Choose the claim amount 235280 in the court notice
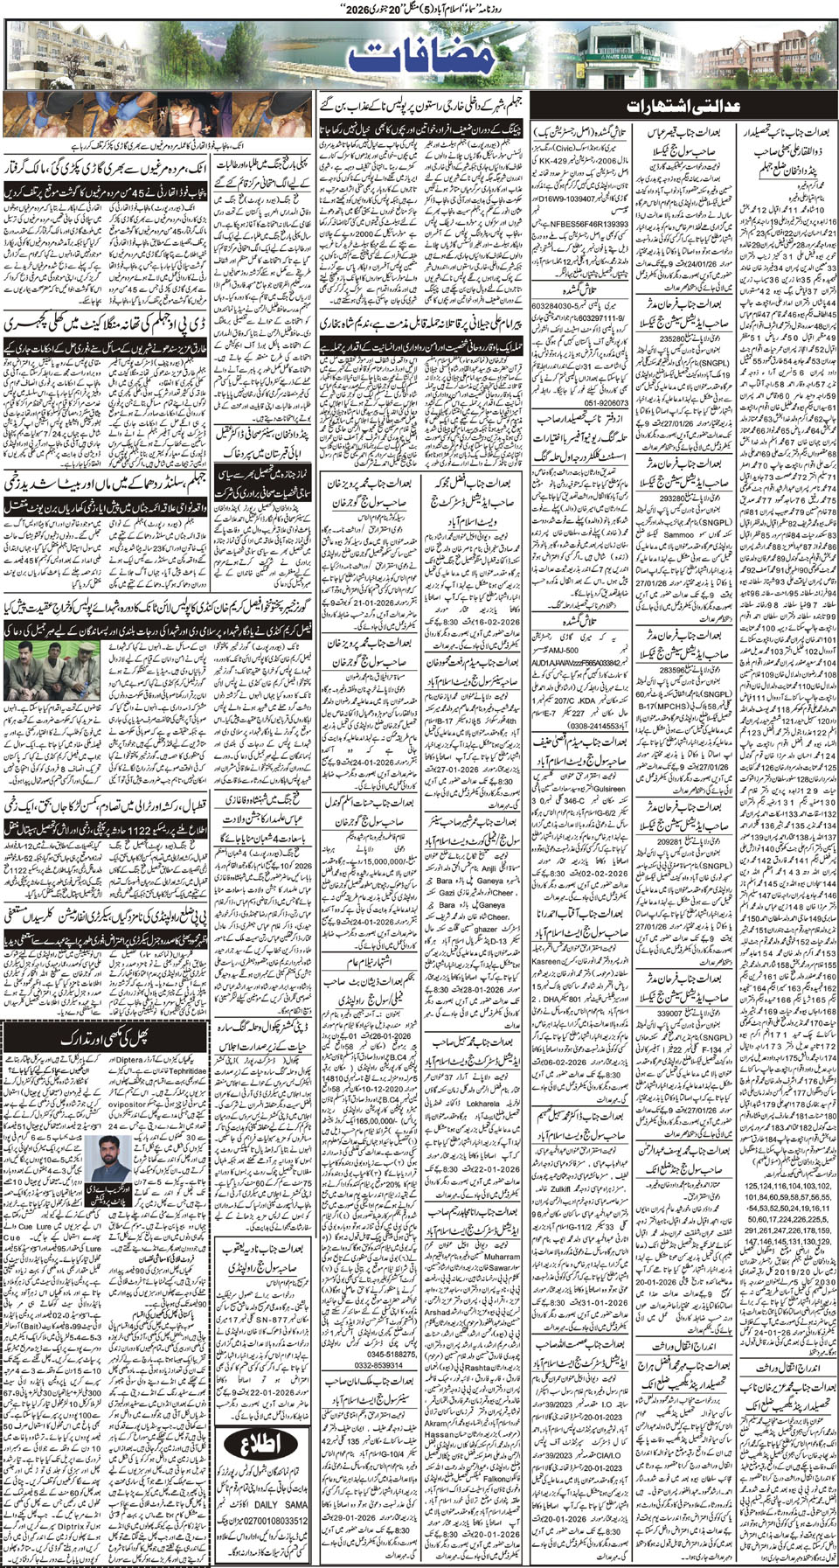point(673,339)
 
